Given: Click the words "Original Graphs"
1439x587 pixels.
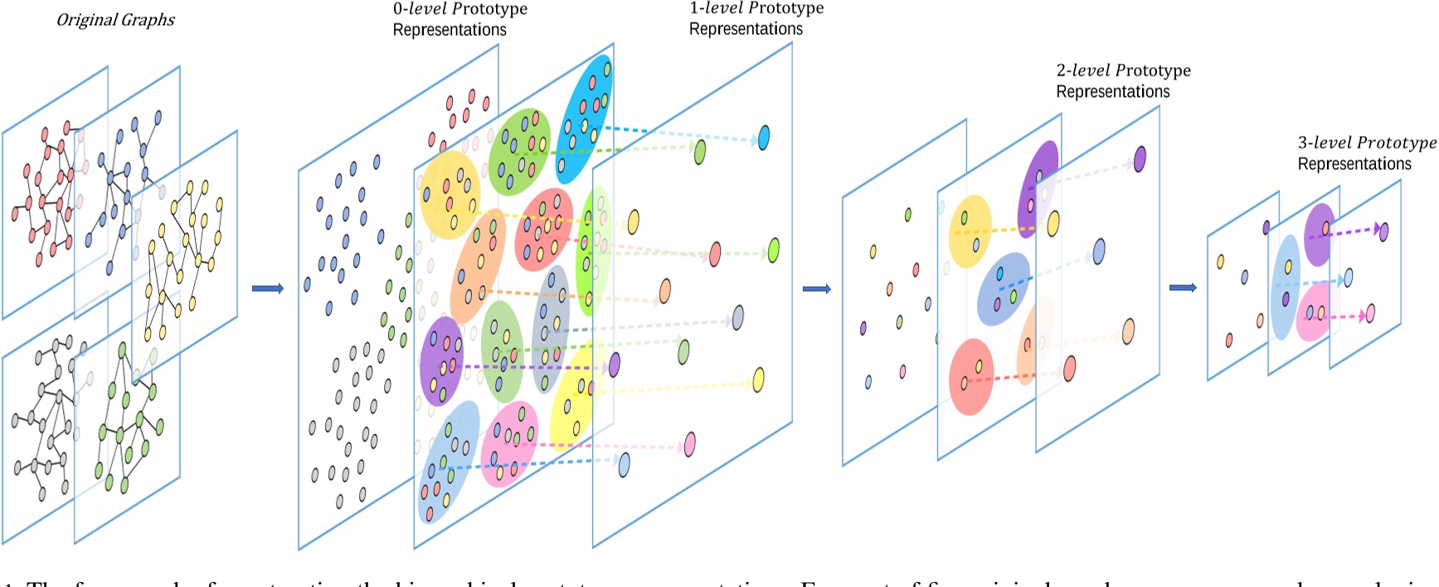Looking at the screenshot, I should (115, 20).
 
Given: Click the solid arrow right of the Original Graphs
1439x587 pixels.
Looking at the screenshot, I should (267, 289).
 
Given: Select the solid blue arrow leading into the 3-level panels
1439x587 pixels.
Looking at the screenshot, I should (1182, 288).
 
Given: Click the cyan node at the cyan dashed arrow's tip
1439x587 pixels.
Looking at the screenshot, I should (763, 137).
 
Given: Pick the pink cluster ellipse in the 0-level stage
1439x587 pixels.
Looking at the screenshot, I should (509, 443).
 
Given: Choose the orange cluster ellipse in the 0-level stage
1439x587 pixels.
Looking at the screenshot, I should (478, 265).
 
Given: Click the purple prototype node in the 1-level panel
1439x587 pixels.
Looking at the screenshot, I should (615, 364).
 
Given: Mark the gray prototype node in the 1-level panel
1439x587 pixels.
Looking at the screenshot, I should (737, 317).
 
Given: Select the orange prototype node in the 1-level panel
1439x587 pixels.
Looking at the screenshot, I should (664, 292).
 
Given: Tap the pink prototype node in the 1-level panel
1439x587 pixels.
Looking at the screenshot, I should (689, 444).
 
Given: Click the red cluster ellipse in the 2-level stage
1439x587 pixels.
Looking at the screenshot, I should (971, 376).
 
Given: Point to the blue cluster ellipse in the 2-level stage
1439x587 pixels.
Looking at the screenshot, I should (1004, 289).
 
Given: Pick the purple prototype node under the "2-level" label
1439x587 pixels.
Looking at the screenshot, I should (1140, 158).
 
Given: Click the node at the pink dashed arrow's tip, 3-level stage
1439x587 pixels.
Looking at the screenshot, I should (1370, 313).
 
